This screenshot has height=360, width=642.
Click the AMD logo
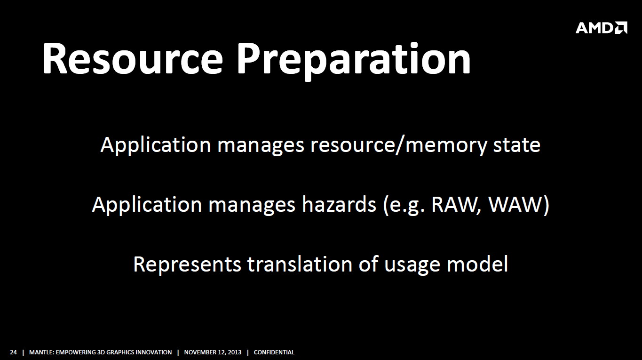pyautogui.click(x=601, y=28)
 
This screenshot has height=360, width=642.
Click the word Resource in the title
pyautogui.click(x=133, y=59)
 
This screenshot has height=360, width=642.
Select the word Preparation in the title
pyautogui.click(x=354, y=61)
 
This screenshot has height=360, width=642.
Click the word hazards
pyautogui.click(x=339, y=204)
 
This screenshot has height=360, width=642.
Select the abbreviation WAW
pyautogui.click(x=515, y=205)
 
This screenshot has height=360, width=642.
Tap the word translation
pyautogui.click(x=300, y=264)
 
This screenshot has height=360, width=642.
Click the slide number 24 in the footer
pyautogui.click(x=14, y=352)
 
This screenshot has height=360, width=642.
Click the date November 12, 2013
pyautogui.click(x=213, y=352)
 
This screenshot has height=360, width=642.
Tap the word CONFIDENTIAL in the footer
pyautogui.click(x=274, y=352)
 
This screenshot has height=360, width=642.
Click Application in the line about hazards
pyautogui.click(x=147, y=205)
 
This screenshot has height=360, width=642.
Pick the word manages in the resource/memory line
pyautogui.click(x=261, y=146)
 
